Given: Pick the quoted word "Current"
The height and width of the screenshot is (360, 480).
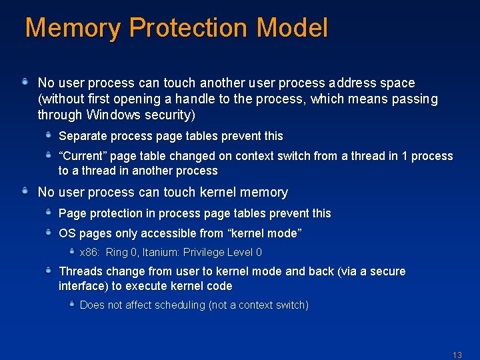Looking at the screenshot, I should (83, 156).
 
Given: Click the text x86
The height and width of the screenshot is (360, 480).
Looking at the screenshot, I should (89, 252).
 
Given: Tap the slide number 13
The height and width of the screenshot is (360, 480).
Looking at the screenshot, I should (457, 355).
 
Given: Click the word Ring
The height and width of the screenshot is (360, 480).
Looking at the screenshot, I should (117, 252).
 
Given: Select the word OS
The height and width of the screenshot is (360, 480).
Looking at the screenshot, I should (67, 233).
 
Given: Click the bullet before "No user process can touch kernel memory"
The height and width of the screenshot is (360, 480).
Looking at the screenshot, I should (25, 191).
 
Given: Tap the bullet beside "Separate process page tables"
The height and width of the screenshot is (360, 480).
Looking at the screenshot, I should (49, 135).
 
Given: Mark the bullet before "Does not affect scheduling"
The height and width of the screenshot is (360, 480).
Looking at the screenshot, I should (72, 304).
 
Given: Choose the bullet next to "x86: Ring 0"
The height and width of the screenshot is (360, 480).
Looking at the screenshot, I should (72, 251).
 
